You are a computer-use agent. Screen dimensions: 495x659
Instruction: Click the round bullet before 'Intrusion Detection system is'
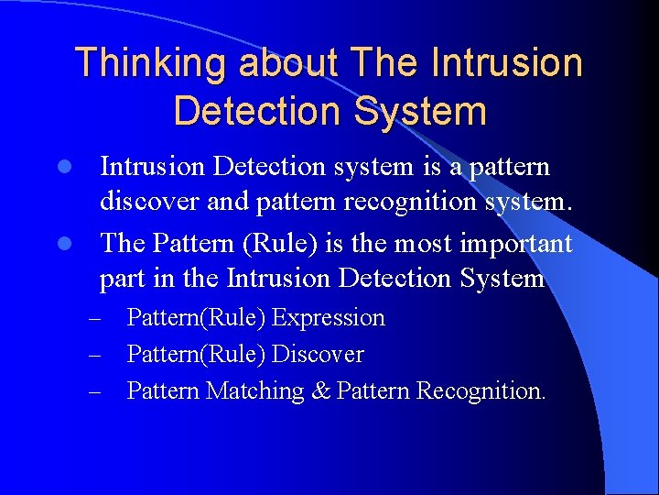(64, 168)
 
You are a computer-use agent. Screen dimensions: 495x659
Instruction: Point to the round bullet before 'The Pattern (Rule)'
(64, 244)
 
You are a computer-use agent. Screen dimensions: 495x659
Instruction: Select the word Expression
(329, 318)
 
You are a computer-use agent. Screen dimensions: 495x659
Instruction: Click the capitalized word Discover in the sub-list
(319, 355)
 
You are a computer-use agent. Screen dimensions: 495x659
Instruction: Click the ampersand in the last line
(320, 391)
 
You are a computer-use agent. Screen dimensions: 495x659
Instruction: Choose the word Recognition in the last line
(481, 391)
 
